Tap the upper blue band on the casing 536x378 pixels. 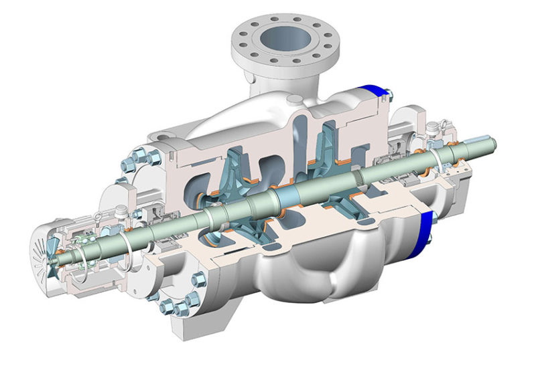coord(375,94)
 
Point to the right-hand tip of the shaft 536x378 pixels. coord(495,143)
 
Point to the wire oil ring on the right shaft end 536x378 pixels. coord(439,158)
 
